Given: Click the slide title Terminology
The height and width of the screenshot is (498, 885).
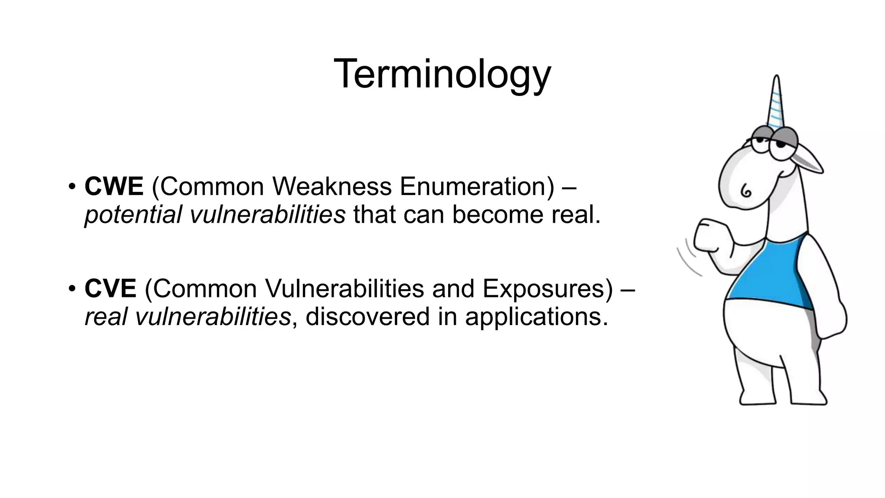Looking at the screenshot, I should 442,74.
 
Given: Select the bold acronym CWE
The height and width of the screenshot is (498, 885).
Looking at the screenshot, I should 114,187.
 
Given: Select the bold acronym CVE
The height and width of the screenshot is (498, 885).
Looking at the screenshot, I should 110,288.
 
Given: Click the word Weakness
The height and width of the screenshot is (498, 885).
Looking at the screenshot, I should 332,187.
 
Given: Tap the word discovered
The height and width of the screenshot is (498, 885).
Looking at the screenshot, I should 368,316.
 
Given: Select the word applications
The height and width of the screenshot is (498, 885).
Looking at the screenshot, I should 536,316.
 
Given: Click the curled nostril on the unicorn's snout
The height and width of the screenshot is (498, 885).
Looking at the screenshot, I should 746,191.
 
